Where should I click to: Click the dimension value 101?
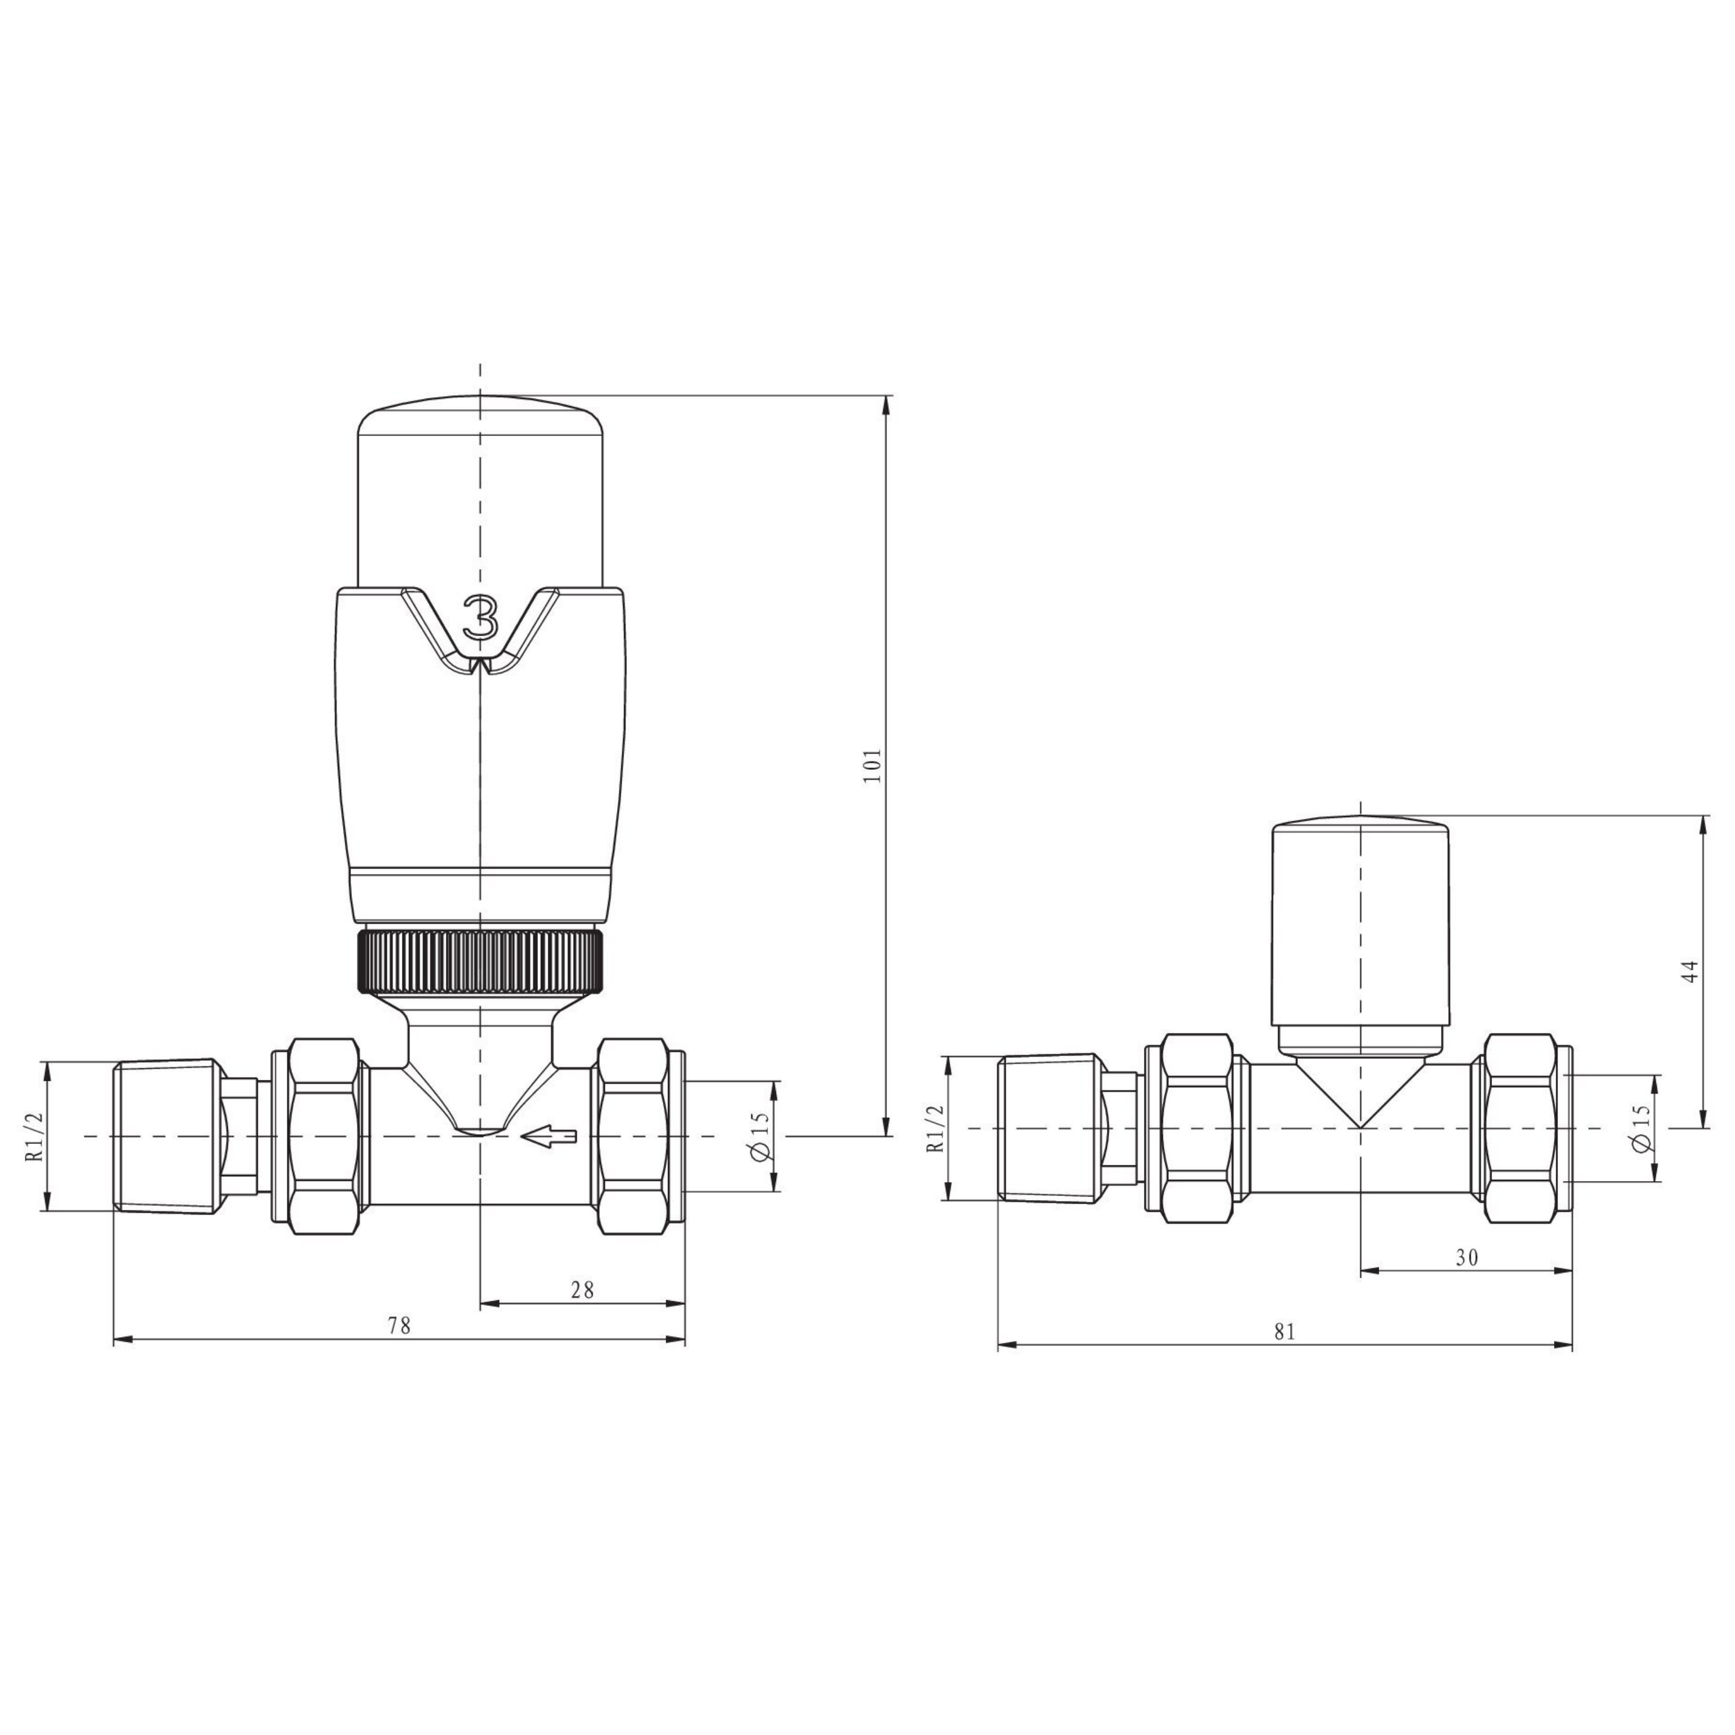click(x=873, y=765)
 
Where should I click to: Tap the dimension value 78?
click(x=398, y=1326)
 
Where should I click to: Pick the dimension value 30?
click(x=1467, y=1257)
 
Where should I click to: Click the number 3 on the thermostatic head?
click(x=481, y=618)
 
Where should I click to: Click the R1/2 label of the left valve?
click(x=34, y=1136)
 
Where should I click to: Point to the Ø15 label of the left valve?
click(x=760, y=1136)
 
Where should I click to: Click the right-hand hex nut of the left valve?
click(x=632, y=1136)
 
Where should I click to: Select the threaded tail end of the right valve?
click(x=1049, y=1128)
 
